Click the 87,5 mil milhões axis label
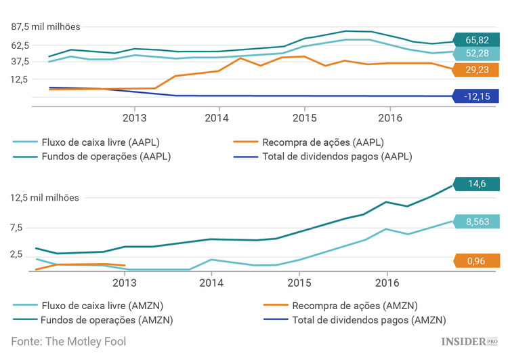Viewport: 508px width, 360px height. pos(45,27)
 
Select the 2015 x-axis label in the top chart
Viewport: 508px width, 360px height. pos(304,117)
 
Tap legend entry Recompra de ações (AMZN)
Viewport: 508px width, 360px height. pos(323,305)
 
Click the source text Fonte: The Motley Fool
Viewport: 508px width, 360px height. pos(68,342)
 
